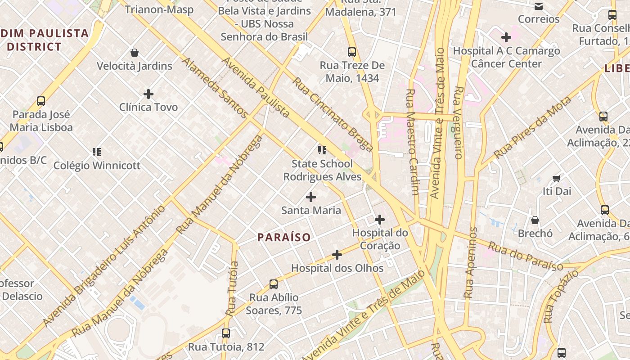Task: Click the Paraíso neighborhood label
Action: coord(284,237)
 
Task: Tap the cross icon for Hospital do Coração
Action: coord(380,220)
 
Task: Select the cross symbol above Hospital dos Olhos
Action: coord(337,255)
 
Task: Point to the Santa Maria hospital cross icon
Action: coord(310,197)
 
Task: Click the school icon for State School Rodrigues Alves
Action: coord(322,150)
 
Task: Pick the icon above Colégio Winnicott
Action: coord(97,152)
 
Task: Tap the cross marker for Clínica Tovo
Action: coord(148,94)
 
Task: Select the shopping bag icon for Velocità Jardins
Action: coord(134,53)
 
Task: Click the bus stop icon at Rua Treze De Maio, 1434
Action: coord(352,52)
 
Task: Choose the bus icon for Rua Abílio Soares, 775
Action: coord(274,284)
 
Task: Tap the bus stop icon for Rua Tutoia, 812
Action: coord(226,333)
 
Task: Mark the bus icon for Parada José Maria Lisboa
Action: coord(41,101)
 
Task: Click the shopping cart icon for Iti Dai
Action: coord(557,178)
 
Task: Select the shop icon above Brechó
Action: coord(535,220)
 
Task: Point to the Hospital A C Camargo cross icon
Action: coord(506,37)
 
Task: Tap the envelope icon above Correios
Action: coord(538,6)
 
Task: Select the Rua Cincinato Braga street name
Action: coord(333,114)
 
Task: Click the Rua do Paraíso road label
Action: coord(525,256)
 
